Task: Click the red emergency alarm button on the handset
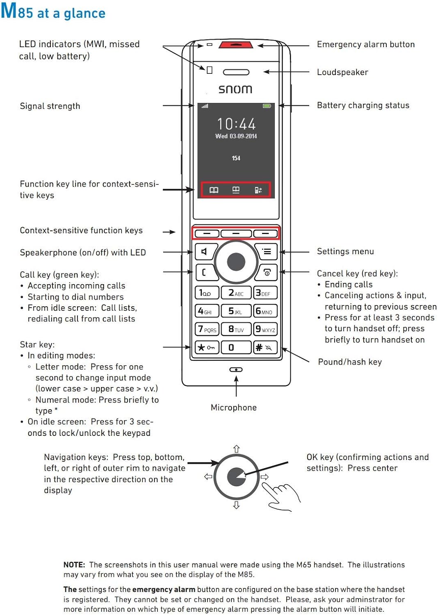235,45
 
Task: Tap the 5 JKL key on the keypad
236,311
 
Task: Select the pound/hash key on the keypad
265,347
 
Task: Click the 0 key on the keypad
236,347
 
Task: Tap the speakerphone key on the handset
204,251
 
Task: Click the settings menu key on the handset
267,251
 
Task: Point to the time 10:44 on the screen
236,124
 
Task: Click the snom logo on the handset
235,89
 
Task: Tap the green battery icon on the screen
267,106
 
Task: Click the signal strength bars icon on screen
205,106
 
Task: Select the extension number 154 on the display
236,158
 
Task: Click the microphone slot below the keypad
236,369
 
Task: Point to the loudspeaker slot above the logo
236,72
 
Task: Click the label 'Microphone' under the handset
233,408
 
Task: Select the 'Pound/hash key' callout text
350,362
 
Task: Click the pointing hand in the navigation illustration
282,496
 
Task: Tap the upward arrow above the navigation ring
236,449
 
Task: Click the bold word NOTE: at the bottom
74,565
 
